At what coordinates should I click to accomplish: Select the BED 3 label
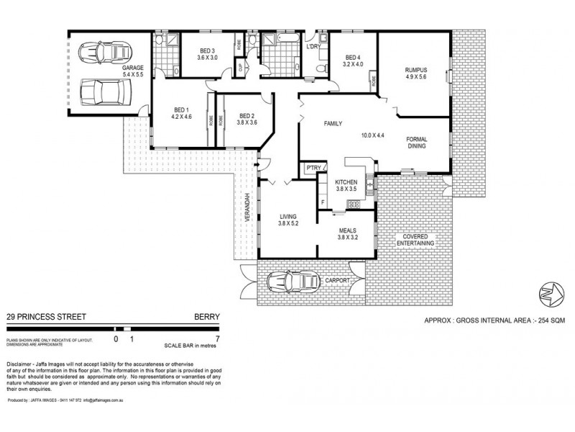pos(208,50)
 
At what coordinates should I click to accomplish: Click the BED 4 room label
pos(352,58)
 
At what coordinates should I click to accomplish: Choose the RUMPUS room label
pos(416,69)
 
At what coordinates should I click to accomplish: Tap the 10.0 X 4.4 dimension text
pos(374,134)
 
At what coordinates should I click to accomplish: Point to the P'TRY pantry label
pos(313,168)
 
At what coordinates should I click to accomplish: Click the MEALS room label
pos(346,230)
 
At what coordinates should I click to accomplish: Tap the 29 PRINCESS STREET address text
pos(38,315)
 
